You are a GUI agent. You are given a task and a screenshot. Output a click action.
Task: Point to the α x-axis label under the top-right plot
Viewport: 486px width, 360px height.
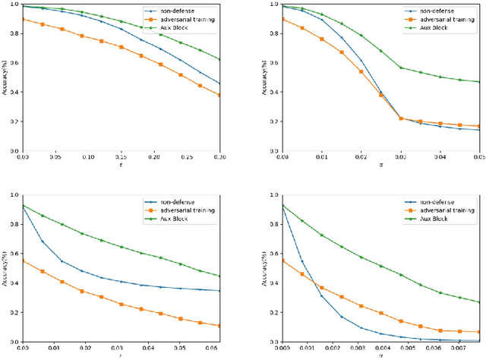tap(381, 166)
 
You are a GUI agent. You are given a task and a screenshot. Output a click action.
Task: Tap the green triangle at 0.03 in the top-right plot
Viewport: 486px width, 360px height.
tap(401, 68)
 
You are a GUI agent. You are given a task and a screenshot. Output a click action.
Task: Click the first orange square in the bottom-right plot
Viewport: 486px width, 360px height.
tap(282, 261)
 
